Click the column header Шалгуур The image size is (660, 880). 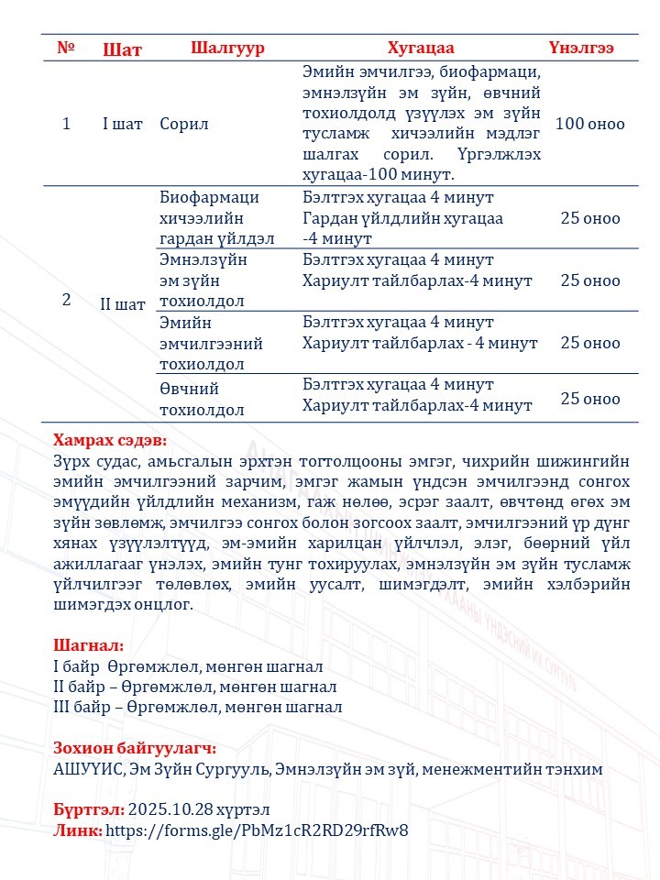pyautogui.click(x=227, y=49)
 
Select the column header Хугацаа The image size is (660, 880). pyautogui.click(x=421, y=49)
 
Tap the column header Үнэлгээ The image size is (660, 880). pyautogui.click(x=581, y=49)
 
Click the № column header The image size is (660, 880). pyautogui.click(x=66, y=48)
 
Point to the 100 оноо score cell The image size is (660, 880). pyautogui.click(x=589, y=124)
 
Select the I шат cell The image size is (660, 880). pyautogui.click(x=122, y=124)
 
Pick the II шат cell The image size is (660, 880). pyautogui.click(x=122, y=304)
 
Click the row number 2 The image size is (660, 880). pyautogui.click(x=66, y=300)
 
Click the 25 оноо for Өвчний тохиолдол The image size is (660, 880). pyautogui.click(x=590, y=399)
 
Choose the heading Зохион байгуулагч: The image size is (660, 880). pyautogui.click(x=135, y=749)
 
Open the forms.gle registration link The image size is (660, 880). pyautogui.click(x=257, y=831)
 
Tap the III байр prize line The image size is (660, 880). pyautogui.click(x=197, y=707)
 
